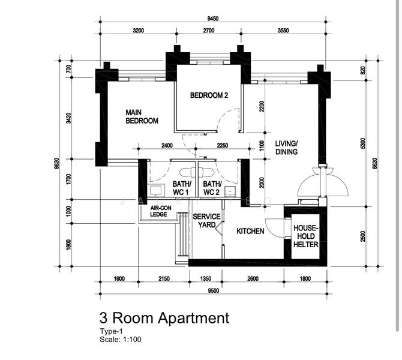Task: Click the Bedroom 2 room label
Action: click(209, 95)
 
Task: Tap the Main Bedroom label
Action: click(142, 116)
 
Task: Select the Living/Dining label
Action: click(286, 148)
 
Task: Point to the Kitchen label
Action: click(250, 231)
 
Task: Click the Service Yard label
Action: click(206, 221)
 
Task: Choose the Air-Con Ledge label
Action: click(161, 211)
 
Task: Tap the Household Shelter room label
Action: click(306, 236)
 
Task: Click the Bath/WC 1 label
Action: click(182, 188)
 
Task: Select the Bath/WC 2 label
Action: click(212, 188)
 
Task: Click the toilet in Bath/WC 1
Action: click(187, 172)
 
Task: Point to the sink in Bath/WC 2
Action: click(230, 191)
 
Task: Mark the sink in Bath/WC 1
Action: click(156, 190)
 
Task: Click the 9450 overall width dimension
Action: click(213, 19)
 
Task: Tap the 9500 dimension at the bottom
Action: click(214, 290)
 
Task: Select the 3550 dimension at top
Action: click(283, 31)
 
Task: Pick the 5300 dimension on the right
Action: click(362, 143)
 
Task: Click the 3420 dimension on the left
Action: click(68, 118)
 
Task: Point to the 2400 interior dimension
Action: click(167, 145)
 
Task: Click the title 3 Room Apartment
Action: click(164, 317)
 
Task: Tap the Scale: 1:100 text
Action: click(121, 339)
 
